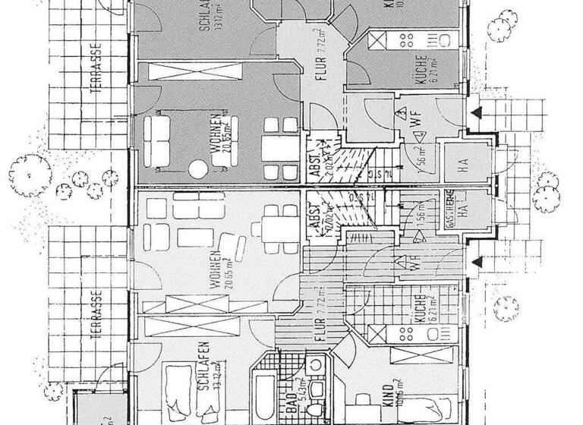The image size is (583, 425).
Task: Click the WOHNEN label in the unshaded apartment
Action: (216, 269)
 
